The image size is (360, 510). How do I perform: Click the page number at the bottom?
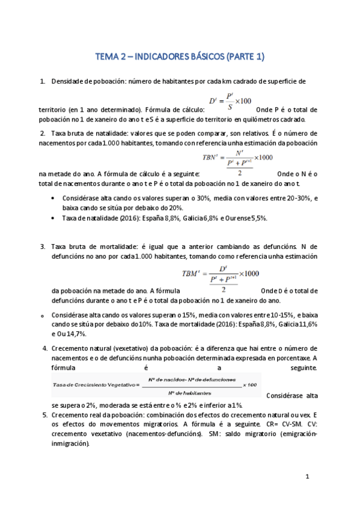[x=307, y=477]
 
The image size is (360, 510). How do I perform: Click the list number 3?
[x=43, y=247]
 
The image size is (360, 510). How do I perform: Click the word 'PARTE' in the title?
[x=240, y=57]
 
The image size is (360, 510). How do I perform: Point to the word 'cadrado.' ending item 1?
[x=291, y=119]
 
